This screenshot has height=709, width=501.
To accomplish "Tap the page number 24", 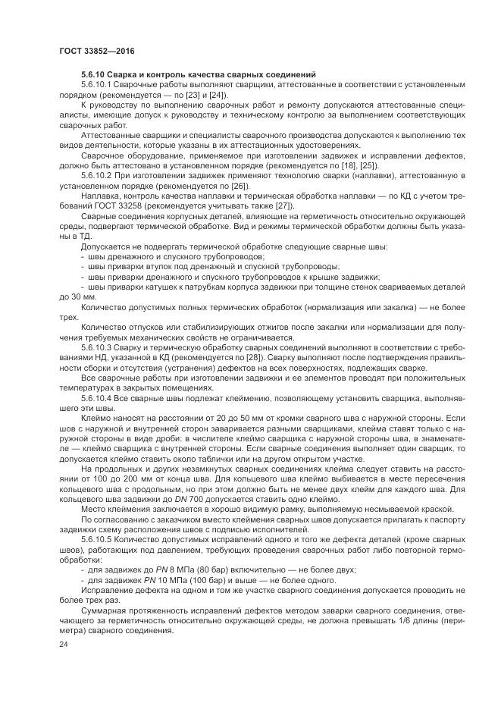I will pos(64,644).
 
